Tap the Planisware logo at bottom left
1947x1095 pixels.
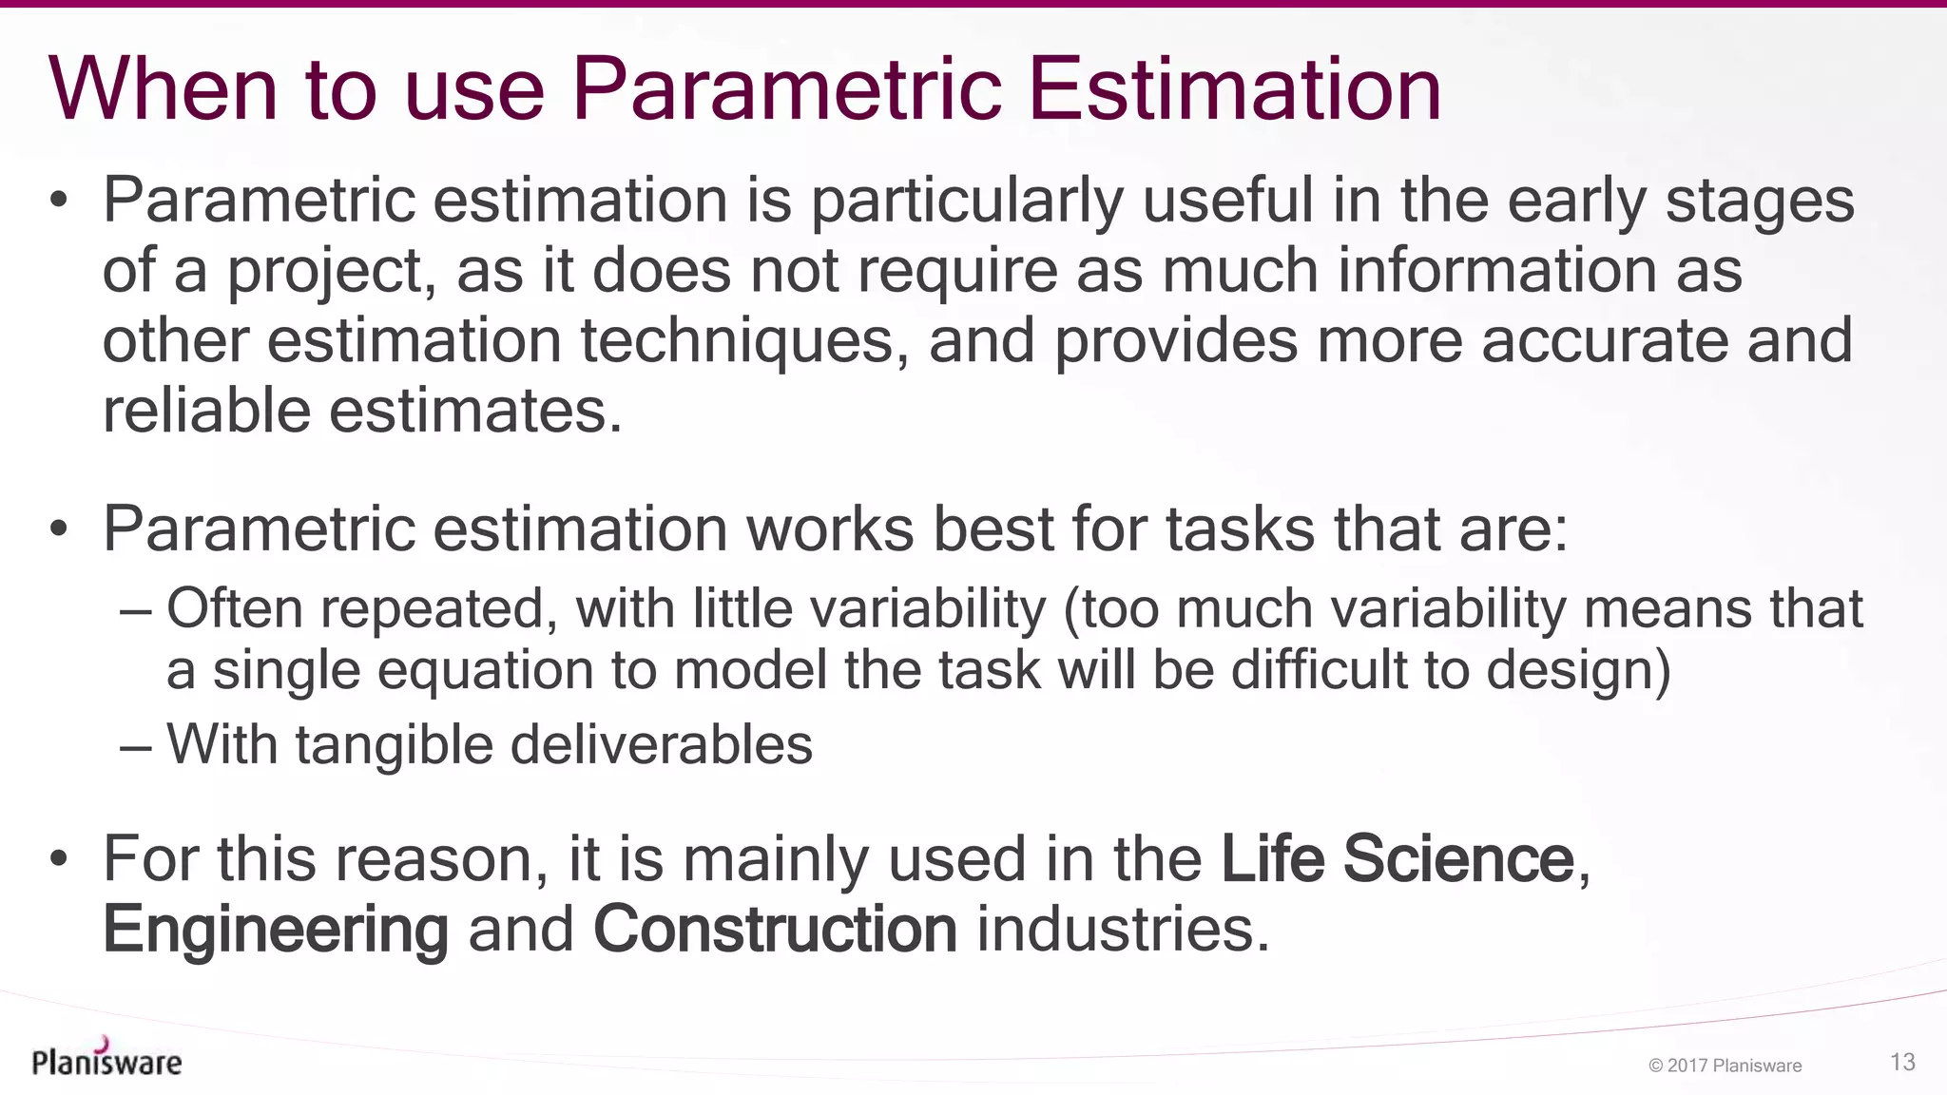click(x=106, y=1059)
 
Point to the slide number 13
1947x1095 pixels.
click(x=1902, y=1062)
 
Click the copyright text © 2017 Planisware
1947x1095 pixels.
click(x=1725, y=1066)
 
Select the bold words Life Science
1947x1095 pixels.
click(x=1398, y=859)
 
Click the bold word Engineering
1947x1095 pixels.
click(x=276, y=930)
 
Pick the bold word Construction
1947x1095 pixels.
click(x=775, y=930)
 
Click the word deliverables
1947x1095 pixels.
click(x=662, y=744)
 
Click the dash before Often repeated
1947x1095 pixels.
click(x=136, y=611)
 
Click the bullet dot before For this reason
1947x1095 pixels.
click(x=59, y=860)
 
